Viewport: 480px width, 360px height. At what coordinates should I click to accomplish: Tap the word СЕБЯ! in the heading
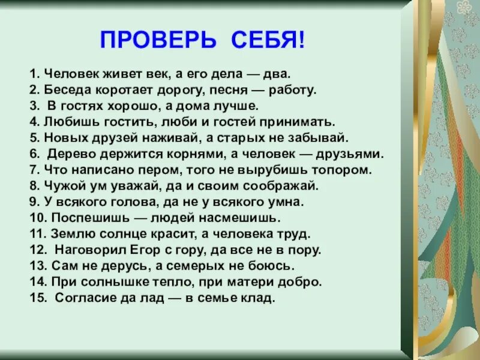click(x=266, y=41)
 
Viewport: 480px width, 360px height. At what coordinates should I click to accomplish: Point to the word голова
click(x=114, y=201)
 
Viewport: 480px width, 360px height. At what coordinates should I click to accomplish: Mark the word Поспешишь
click(x=81, y=217)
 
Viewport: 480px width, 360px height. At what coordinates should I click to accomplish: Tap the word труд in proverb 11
click(x=297, y=233)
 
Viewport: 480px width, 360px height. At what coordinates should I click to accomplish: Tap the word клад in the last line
click(x=257, y=296)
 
